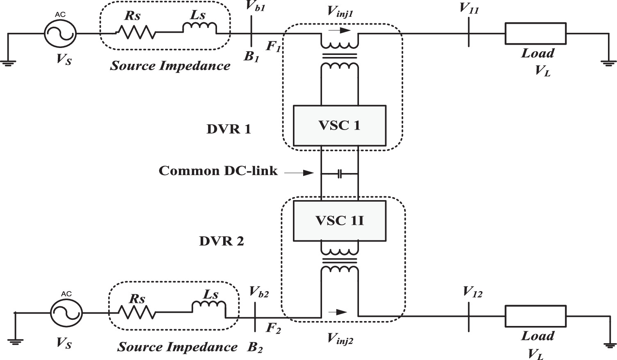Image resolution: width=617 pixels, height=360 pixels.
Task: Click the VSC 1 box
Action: click(x=339, y=125)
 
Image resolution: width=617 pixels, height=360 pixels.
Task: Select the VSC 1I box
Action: click(x=339, y=221)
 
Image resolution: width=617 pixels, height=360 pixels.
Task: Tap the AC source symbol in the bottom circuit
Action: click(x=66, y=313)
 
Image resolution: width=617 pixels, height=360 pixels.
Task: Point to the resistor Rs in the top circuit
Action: click(x=135, y=32)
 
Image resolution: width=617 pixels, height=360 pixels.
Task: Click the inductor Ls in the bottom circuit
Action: click(x=208, y=308)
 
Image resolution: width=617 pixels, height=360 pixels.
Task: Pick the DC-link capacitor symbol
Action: click(x=340, y=174)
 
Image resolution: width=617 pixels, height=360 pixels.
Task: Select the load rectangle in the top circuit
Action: click(x=535, y=33)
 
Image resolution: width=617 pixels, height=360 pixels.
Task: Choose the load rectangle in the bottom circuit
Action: click(x=535, y=316)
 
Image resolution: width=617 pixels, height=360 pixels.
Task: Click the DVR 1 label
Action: click(x=229, y=129)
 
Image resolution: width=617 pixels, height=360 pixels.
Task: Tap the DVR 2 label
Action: click(x=222, y=241)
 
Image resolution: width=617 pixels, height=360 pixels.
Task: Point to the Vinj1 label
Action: click(x=340, y=12)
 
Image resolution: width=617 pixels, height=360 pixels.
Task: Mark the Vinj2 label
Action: click(x=340, y=338)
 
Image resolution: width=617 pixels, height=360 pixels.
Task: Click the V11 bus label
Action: click(x=469, y=8)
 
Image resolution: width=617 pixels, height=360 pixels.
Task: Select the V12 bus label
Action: click(x=472, y=292)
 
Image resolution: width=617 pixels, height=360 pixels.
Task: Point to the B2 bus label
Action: click(x=255, y=348)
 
